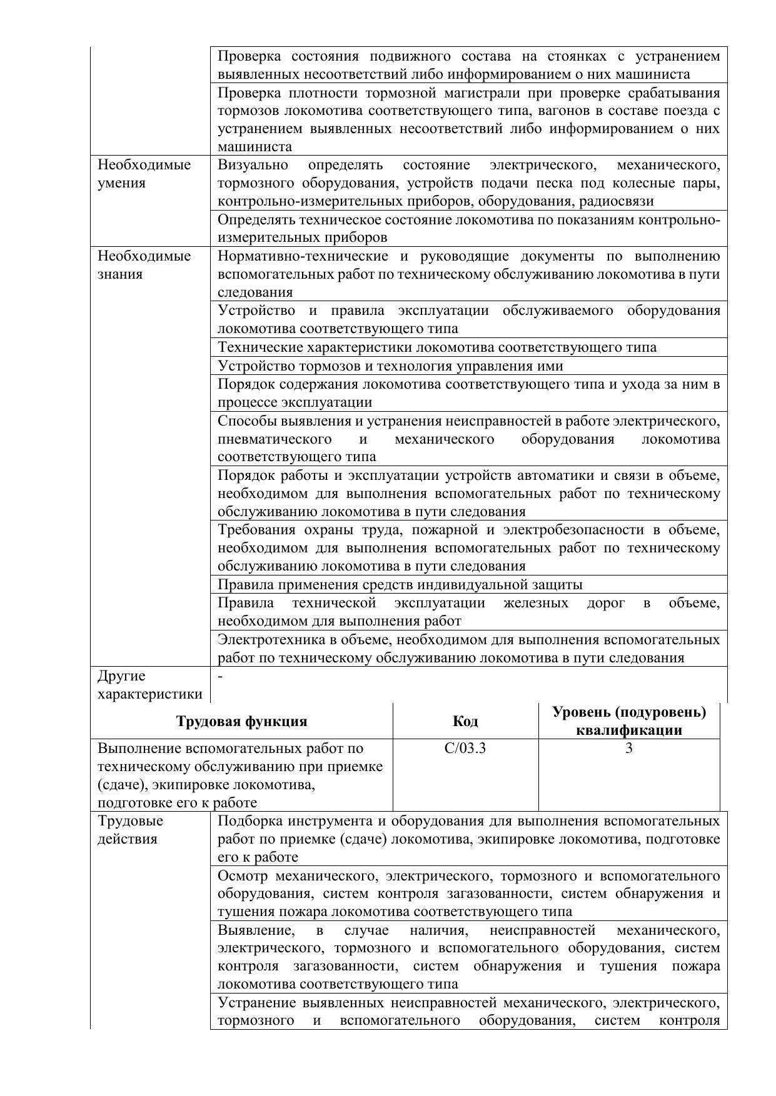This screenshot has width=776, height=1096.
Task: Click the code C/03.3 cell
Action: point(465,748)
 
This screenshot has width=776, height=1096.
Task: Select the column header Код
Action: point(465,721)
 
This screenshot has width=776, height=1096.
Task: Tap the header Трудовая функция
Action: point(241,721)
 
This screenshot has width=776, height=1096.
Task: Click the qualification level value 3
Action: point(628,748)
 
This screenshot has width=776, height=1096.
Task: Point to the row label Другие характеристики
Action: point(149,685)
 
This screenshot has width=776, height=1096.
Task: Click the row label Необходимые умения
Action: point(144,174)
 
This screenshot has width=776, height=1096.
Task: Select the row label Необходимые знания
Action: point(144,265)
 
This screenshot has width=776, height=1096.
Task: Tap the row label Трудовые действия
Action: point(130,830)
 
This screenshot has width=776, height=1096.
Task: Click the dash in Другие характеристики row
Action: point(221,675)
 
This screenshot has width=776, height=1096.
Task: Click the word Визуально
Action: point(253,165)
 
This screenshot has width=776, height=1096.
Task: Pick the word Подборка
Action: point(246,820)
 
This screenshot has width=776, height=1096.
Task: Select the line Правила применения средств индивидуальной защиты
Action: point(400,584)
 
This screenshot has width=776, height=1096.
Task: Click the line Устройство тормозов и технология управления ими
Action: point(390,366)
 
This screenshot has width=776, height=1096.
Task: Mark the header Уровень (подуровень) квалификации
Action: point(628,721)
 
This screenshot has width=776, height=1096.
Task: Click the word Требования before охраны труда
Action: point(257,530)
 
